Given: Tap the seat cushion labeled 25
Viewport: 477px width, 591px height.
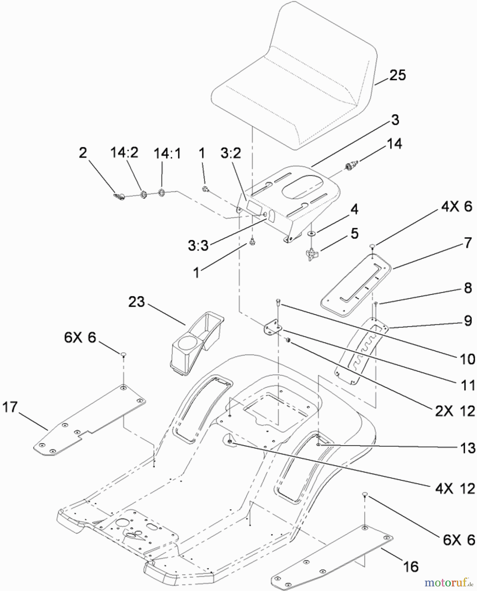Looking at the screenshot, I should click(295, 82).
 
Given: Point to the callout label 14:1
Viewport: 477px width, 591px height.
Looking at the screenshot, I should click(167, 153).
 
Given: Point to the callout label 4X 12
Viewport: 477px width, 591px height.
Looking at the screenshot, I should click(455, 489).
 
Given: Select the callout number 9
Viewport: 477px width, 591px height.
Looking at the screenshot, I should click(467, 320).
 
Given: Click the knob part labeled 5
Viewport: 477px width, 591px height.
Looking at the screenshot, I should click(311, 254).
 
